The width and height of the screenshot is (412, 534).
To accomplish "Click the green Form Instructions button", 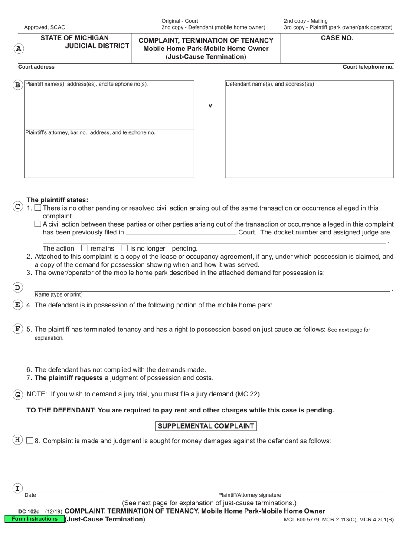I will [35, 519].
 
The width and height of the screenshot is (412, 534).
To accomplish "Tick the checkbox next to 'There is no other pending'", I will [38, 208].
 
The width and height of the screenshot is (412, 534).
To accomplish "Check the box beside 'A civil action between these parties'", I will [38, 224].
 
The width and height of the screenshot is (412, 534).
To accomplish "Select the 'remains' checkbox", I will [84, 248].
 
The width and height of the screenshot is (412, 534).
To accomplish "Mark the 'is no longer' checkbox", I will [124, 248].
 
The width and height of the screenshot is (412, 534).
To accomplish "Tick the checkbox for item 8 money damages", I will [29, 441].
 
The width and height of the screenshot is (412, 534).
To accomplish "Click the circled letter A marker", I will [19, 49].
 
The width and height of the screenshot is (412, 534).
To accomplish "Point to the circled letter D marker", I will [17, 287].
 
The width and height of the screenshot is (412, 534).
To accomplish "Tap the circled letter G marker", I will [17, 395].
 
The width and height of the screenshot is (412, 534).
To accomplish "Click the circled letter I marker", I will [17, 488].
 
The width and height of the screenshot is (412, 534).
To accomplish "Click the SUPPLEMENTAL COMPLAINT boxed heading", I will [206, 426].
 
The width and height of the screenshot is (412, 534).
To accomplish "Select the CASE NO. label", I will [337, 38].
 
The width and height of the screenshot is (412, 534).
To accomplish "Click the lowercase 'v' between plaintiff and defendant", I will [210, 105].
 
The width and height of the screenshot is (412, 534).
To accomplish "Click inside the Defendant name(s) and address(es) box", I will [309, 130].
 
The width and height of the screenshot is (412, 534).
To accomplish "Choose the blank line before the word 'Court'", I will [181, 233].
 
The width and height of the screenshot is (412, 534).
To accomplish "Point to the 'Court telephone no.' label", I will [368, 67].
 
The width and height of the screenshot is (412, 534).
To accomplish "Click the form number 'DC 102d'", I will [29, 511].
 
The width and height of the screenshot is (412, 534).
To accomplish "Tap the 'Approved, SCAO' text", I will [45, 27].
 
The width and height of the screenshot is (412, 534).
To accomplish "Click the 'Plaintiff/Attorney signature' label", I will [249, 495].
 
